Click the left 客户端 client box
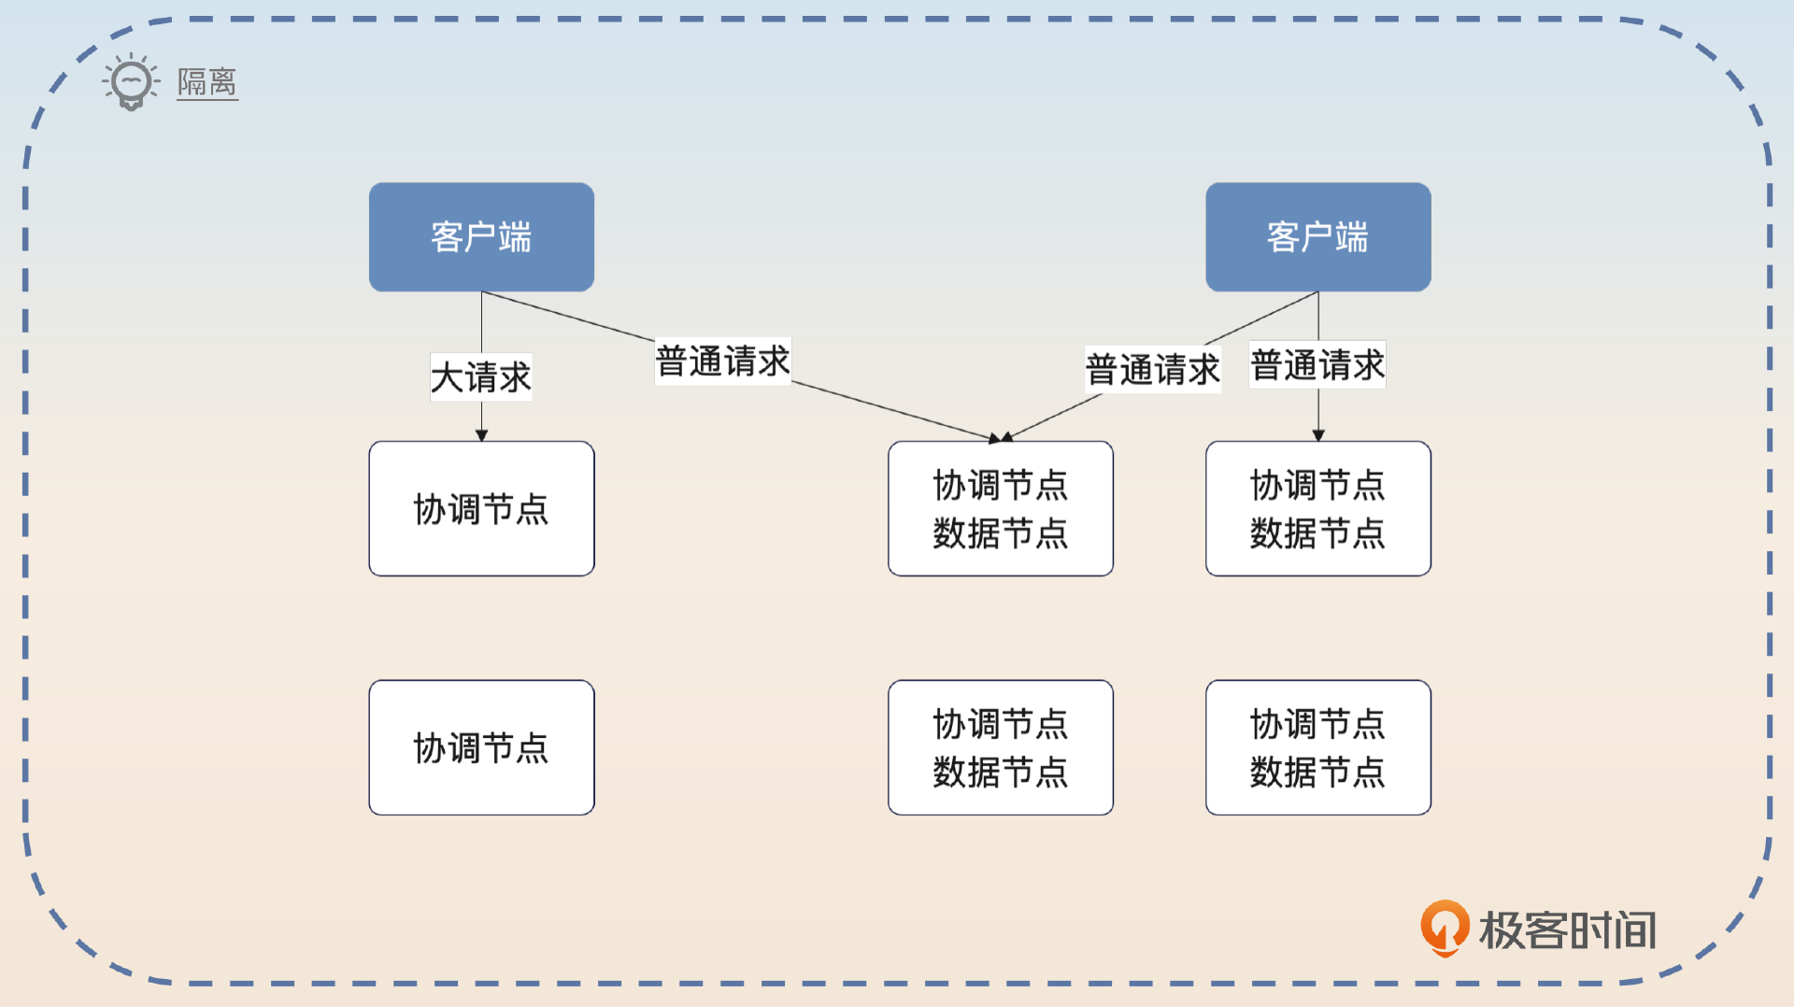pyautogui.click(x=481, y=237)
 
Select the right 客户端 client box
pyautogui.click(x=1317, y=237)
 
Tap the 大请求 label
pyautogui.click(x=480, y=377)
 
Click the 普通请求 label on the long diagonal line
pyautogui.click(x=722, y=362)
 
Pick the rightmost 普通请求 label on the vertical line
pyautogui.click(x=1317, y=365)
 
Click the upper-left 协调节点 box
pyautogui.click(x=481, y=508)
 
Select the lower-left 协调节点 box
pyautogui.click(x=481, y=747)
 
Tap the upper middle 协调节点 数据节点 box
pyautogui.click(x=1000, y=508)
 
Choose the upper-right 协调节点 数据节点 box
pyautogui.click(x=1317, y=508)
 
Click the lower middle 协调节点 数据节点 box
pyautogui.click(x=1000, y=747)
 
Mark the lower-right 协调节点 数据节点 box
pyautogui.click(x=1317, y=747)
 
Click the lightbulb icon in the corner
pyautogui.click(x=131, y=82)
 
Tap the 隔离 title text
pyautogui.click(x=206, y=82)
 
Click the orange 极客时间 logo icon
pyautogui.click(x=1444, y=928)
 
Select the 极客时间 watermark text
pyautogui.click(x=1568, y=930)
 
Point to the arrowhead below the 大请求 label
pyautogui.click(x=481, y=435)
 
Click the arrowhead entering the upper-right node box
pyautogui.click(x=1317, y=435)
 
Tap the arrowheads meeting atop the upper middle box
pyautogui.click(x=1000, y=437)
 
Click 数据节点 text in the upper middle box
pyautogui.click(x=1000, y=533)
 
